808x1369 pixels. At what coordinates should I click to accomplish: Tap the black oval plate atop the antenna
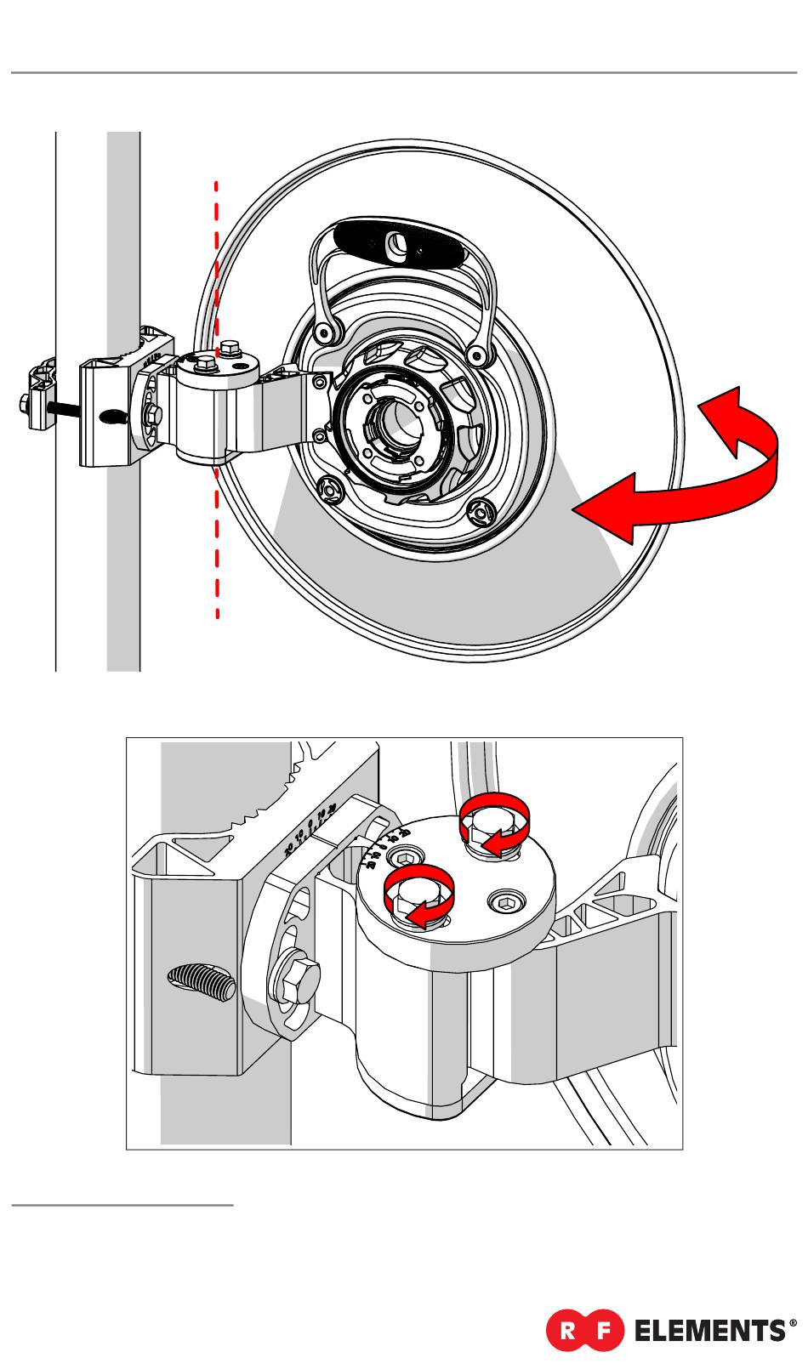tap(401, 245)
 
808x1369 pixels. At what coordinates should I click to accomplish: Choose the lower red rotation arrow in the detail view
tap(418, 896)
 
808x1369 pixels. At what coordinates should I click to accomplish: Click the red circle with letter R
tap(566, 1330)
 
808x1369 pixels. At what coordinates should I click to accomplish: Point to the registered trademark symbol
tap(794, 1323)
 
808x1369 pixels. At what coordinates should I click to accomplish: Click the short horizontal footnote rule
tap(122, 1205)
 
